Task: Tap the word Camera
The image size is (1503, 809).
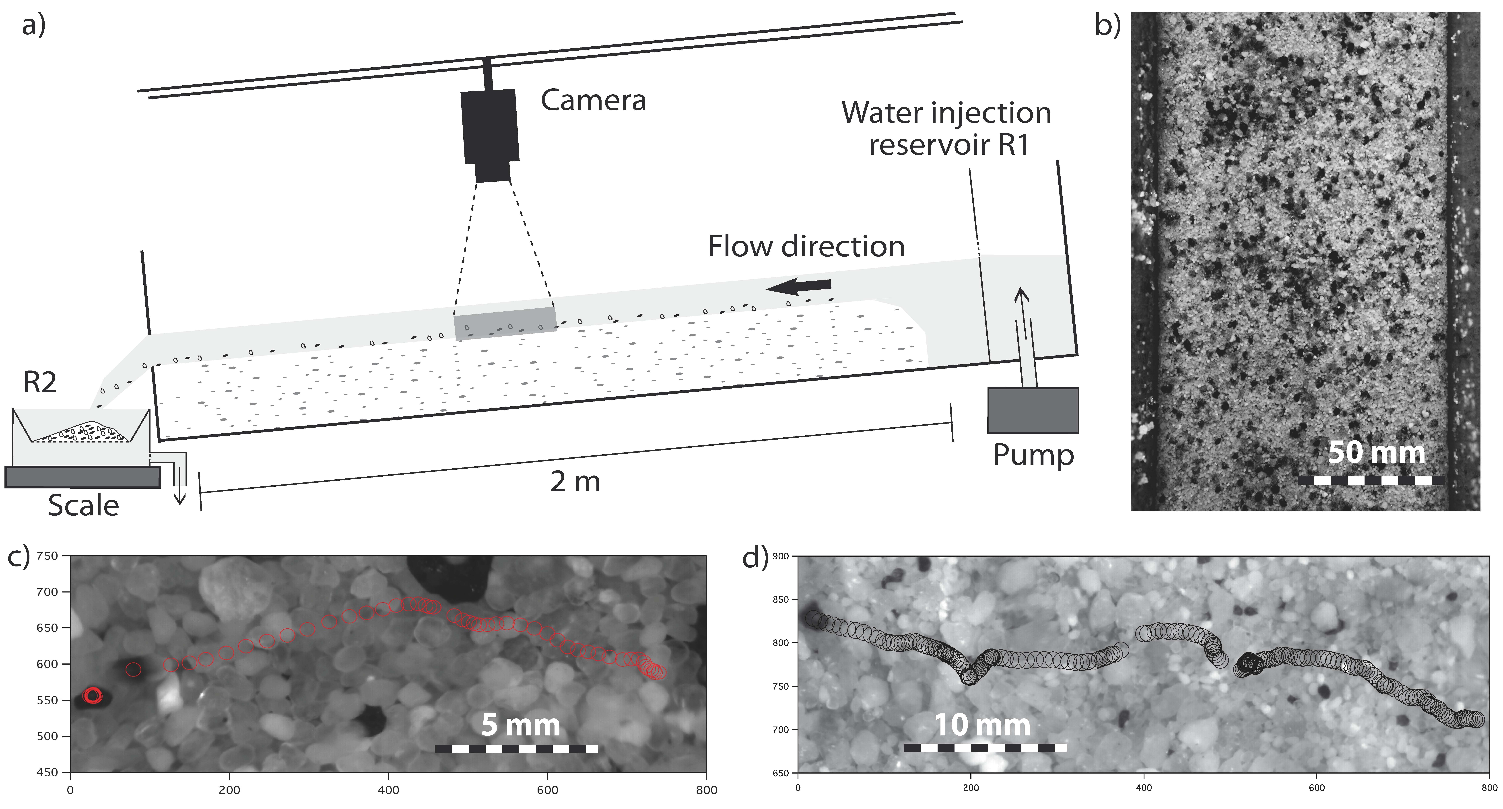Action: [593, 100]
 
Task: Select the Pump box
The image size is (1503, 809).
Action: [1033, 410]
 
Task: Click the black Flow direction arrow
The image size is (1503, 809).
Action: [798, 286]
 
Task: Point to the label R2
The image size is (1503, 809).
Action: [40, 383]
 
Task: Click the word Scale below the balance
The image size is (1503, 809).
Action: [83, 505]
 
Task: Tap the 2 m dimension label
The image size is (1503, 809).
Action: [575, 482]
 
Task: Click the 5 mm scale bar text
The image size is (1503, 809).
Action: [520, 725]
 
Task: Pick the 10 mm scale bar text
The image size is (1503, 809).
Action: [983, 725]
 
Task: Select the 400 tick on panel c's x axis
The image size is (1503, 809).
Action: [389, 790]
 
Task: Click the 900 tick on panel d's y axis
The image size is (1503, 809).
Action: [781, 556]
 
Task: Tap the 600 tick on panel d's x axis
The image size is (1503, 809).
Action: [1317, 788]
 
